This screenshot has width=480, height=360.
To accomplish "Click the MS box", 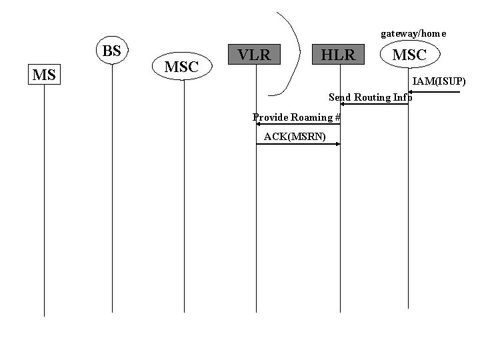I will point(44,75).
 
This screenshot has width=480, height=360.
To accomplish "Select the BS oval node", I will point(112,51).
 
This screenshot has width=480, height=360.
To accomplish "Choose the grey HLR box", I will point(339,55).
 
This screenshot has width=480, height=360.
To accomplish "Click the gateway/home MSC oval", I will point(409,55).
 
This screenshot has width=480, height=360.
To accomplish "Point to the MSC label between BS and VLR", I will point(181,67).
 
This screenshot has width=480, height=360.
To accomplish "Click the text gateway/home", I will point(413,33).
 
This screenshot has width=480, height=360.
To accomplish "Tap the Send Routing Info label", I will point(371,97).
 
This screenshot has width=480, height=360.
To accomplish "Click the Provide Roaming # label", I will point(297,117).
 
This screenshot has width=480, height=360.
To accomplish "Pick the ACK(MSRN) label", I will point(295,137).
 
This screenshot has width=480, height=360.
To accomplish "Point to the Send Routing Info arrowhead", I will point(343,104).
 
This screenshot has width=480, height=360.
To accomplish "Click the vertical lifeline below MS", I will point(44,200).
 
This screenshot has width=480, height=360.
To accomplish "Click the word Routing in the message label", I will point(373,97).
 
